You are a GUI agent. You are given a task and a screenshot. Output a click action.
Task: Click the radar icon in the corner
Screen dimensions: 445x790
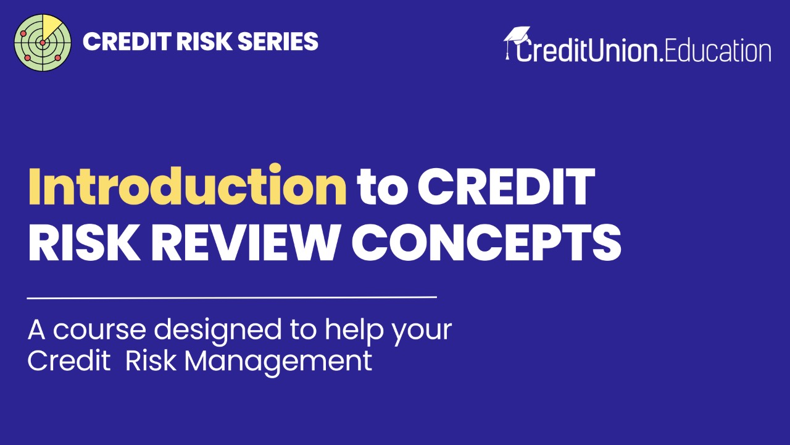tap(43, 42)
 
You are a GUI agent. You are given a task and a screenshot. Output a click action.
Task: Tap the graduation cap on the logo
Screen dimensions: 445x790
tap(517, 35)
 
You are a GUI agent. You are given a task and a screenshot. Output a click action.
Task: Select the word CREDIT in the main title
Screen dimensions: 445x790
tap(506, 186)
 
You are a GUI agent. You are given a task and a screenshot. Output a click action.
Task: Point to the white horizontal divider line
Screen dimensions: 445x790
tap(231, 297)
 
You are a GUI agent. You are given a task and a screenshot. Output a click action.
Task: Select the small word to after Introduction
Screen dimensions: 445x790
tap(383, 187)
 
